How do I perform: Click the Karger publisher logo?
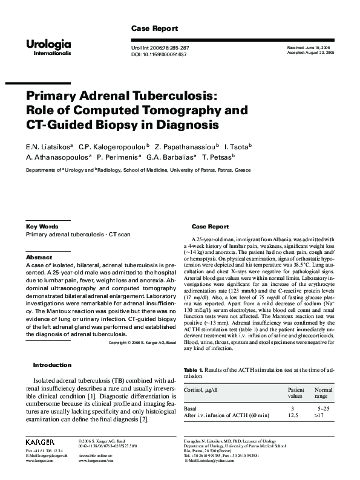point(41,442)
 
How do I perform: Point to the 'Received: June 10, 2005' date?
point(309,47)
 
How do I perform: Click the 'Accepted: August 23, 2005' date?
point(310,53)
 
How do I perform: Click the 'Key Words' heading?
point(42,227)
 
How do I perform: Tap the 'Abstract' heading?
point(39,257)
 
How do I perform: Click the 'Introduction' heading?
point(52,365)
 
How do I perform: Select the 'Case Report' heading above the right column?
point(210,227)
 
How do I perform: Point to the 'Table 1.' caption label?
point(194,369)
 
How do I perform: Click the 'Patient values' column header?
point(295,394)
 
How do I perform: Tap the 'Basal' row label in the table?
point(190,409)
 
